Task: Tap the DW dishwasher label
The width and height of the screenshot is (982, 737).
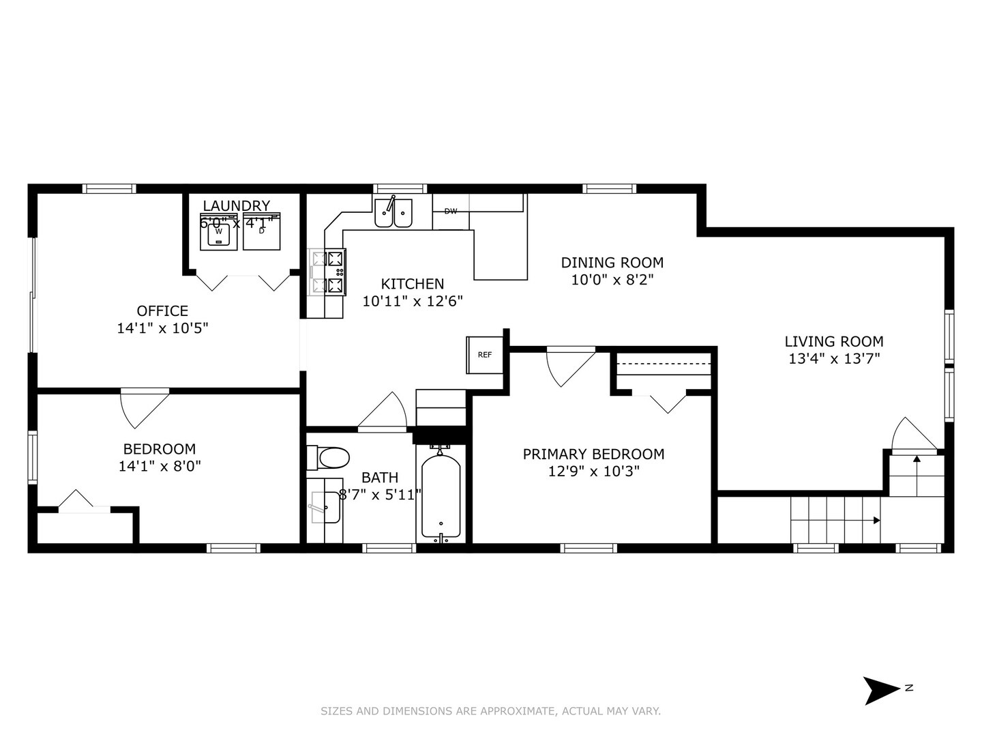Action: click(x=451, y=212)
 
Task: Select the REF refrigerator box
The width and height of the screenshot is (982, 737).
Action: click(x=485, y=355)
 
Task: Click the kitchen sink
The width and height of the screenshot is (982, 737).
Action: click(x=393, y=212)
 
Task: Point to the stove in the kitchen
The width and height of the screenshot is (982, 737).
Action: click(x=328, y=272)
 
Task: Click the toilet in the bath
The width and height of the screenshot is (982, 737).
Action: click(x=329, y=457)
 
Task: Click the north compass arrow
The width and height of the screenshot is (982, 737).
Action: click(x=882, y=690)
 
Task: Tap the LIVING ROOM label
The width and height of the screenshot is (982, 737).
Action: click(x=833, y=342)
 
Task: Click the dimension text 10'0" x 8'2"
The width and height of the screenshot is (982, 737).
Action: click(x=612, y=279)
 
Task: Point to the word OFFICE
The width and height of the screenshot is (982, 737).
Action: click(x=162, y=311)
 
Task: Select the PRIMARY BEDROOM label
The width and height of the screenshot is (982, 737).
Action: click(x=593, y=454)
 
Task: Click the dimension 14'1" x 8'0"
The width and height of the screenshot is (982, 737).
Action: click(x=159, y=466)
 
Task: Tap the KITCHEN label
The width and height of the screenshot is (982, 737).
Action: click(x=412, y=284)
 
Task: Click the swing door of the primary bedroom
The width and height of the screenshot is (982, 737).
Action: click(x=570, y=365)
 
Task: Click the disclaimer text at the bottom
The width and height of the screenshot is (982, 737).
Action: click(x=490, y=711)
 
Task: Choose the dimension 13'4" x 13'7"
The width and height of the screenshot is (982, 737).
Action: click(x=833, y=359)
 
